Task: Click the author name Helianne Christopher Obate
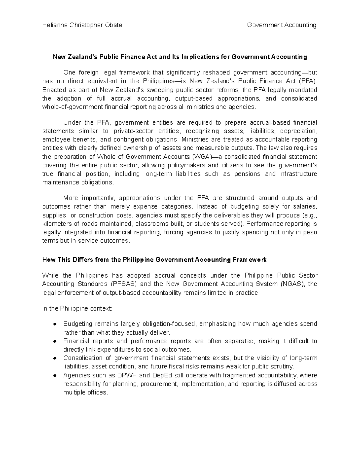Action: [82, 25]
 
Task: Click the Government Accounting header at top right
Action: [282, 25]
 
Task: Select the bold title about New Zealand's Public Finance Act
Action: [180, 57]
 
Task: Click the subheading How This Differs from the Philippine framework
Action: [154, 260]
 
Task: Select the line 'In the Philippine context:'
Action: [77, 308]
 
